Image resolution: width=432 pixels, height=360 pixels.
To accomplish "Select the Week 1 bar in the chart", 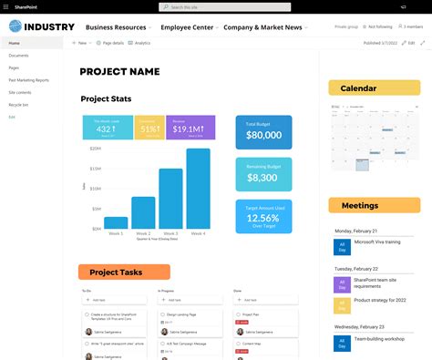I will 117,221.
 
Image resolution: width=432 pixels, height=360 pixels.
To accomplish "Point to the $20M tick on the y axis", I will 95,149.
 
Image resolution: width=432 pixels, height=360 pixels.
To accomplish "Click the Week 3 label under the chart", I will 171,233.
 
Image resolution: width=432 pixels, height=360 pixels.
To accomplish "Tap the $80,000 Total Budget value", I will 263,135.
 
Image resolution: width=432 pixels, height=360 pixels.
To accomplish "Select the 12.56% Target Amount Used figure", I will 263,219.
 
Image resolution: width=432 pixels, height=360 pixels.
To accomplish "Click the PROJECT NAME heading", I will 119,72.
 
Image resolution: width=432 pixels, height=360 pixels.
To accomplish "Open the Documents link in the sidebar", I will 19,56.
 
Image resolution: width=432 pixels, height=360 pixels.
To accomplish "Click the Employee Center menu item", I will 186,27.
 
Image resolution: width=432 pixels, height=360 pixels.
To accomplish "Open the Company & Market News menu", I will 262,27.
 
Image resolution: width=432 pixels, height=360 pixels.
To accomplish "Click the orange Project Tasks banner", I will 123,272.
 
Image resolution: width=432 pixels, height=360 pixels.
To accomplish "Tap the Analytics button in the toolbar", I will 140,43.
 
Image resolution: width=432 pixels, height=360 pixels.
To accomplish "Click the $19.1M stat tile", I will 191,128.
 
